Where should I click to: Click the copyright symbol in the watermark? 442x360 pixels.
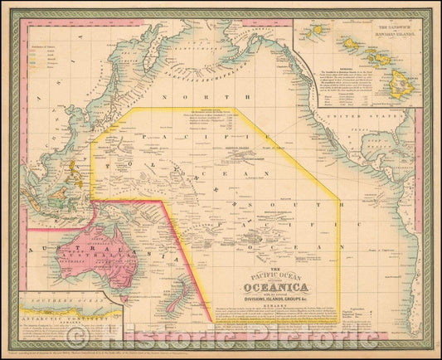(x=79, y=336)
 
